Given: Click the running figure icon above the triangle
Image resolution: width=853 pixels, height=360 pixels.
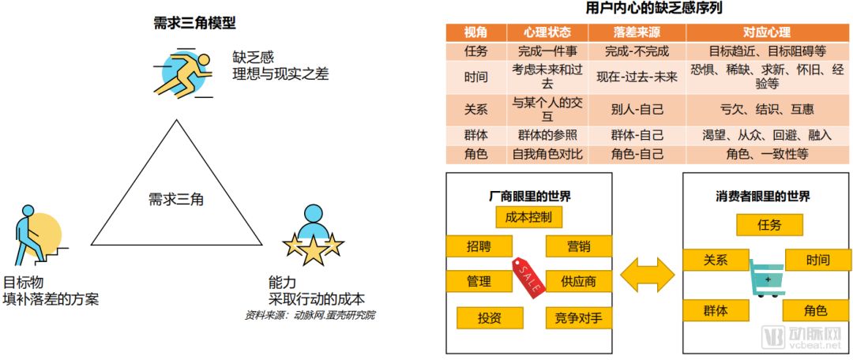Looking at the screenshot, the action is [x=187, y=72].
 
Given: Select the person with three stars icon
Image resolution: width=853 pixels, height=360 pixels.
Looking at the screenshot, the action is [x=314, y=234].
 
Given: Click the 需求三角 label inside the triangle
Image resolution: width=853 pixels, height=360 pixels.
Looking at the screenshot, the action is [x=176, y=200].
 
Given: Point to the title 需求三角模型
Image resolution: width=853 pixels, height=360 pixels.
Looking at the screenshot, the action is [x=194, y=23].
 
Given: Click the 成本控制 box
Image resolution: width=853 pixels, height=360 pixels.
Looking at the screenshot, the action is [x=528, y=216].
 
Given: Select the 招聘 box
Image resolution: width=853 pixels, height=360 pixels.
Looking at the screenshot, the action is [x=479, y=246].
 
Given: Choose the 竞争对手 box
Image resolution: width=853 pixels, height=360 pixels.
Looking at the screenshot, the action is [x=578, y=318].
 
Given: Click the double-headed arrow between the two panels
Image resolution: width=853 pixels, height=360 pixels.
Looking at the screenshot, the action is [x=647, y=274].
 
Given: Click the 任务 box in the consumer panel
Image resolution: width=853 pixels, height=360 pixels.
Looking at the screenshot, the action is [x=769, y=225].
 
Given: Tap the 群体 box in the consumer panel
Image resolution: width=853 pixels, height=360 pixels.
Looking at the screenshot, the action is [x=715, y=311].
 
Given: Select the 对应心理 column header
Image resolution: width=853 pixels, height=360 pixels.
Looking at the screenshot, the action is [x=766, y=32].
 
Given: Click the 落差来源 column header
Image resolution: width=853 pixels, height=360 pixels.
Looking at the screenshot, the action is [x=637, y=32].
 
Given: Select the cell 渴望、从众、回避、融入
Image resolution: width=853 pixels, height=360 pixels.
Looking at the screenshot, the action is [x=766, y=135].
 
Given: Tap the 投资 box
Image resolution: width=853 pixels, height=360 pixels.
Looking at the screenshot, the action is [x=490, y=318].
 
